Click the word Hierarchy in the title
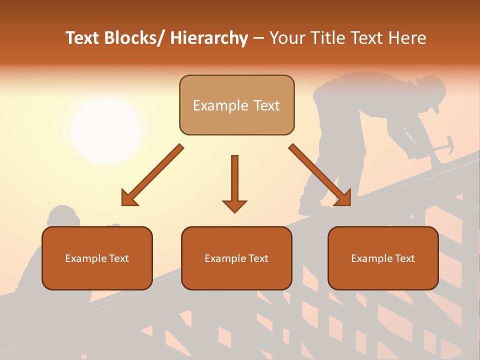pyautogui.click(x=209, y=38)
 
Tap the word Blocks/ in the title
pyautogui.click(x=133, y=38)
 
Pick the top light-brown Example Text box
pyautogui.click(x=236, y=105)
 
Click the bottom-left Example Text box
pyautogui.click(x=97, y=258)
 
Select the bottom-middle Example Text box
pyautogui.click(x=236, y=258)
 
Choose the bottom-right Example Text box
pyautogui.click(x=383, y=258)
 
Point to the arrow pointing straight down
pyautogui.click(x=234, y=183)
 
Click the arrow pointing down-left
pyautogui.click(x=152, y=175)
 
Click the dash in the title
pyautogui.click(x=258, y=38)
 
